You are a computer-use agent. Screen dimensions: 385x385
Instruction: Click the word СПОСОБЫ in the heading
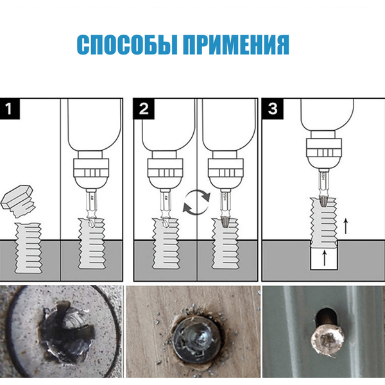pos(126,44)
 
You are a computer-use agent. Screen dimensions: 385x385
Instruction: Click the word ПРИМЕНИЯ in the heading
pos(236,44)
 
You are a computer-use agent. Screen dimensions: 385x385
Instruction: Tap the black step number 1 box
pos(10,109)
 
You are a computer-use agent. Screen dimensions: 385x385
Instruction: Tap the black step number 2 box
pos(144,109)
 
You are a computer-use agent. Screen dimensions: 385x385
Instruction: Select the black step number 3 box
pos(273,109)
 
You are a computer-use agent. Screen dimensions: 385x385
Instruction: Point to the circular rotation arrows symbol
pos(197,202)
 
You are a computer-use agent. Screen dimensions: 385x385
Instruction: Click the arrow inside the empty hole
pos(325,258)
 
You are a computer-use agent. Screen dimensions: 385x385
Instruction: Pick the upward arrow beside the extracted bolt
pos(346,226)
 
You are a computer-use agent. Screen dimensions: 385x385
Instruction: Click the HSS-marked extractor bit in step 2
pos(224,208)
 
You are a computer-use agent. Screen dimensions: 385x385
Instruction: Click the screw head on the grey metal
pos(327,342)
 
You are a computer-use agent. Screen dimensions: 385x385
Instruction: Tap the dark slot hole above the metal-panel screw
pos(326,318)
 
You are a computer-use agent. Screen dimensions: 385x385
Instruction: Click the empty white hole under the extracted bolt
pos(324,259)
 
